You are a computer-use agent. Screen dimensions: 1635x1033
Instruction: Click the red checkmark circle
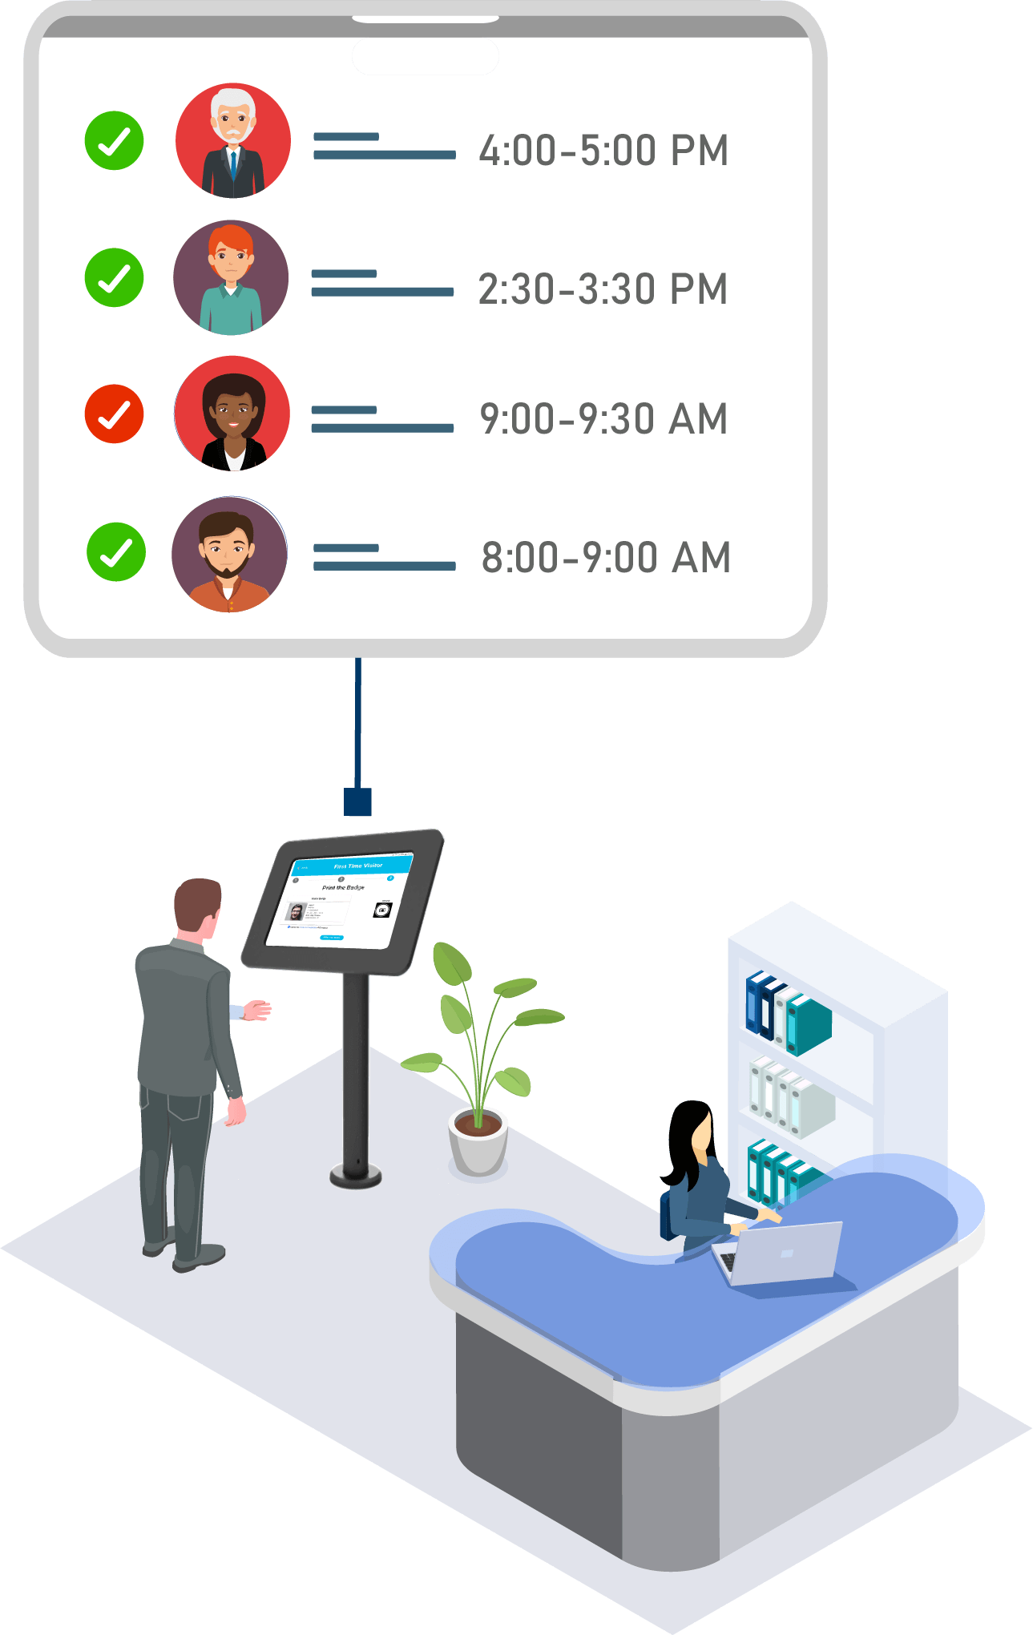pyautogui.click(x=114, y=414)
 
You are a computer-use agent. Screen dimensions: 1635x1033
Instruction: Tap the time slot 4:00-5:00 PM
pyautogui.click(x=603, y=151)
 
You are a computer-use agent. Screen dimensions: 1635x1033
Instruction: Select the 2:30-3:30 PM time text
pyautogui.click(x=602, y=289)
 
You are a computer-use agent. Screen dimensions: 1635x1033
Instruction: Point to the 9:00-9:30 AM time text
pyautogui.click(x=603, y=419)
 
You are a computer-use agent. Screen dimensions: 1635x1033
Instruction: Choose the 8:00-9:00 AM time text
pyautogui.click(x=605, y=558)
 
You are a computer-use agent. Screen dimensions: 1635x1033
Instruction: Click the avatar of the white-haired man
pyautogui.click(x=232, y=140)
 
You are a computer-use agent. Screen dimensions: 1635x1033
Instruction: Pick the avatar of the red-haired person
pyautogui.click(x=231, y=277)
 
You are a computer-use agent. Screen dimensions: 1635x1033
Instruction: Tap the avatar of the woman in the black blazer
pyautogui.click(x=232, y=414)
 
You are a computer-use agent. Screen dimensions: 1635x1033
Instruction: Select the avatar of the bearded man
pyautogui.click(x=229, y=554)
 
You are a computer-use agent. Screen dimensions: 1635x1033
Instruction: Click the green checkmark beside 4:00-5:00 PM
pyautogui.click(x=114, y=140)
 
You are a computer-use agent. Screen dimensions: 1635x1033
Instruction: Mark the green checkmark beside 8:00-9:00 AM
pyautogui.click(x=116, y=551)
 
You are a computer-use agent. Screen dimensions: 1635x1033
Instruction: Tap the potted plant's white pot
pyautogui.click(x=478, y=1142)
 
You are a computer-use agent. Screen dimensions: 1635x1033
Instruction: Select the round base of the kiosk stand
pyautogui.click(x=355, y=1176)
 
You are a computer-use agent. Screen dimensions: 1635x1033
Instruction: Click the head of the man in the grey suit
pyautogui.click(x=196, y=906)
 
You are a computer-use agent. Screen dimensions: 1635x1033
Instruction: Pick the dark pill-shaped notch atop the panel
pyautogui.click(x=426, y=56)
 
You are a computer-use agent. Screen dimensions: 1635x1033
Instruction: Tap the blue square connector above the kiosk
pyautogui.click(x=357, y=801)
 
